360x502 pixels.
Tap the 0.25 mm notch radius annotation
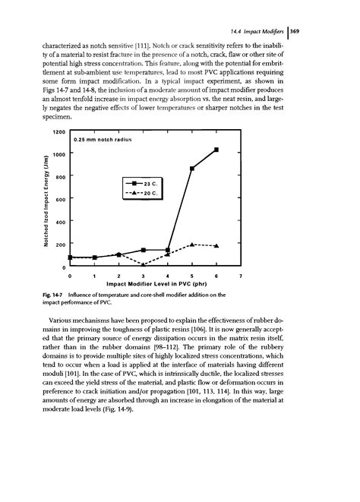click(x=103, y=140)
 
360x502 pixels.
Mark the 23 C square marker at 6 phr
click(x=216, y=150)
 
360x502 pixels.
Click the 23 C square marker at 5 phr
click(x=192, y=168)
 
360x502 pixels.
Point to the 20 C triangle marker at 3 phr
click(x=144, y=264)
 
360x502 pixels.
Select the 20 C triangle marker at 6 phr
click(x=216, y=246)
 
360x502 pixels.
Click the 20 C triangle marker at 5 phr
click(x=192, y=244)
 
